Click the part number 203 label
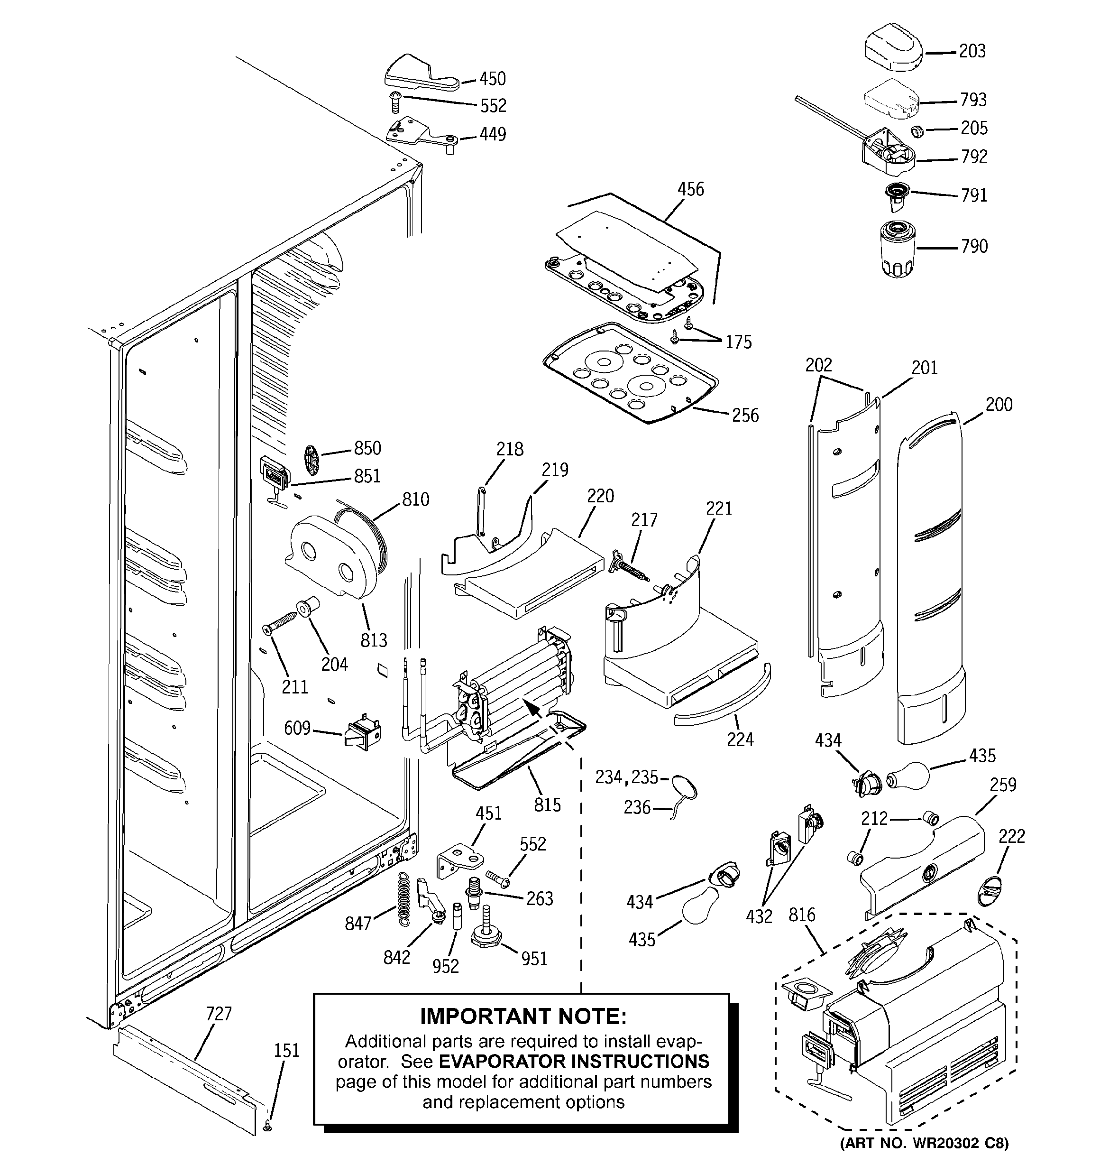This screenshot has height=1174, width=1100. [972, 51]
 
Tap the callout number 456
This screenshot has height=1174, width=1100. [690, 190]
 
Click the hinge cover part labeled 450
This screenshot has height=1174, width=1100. [421, 75]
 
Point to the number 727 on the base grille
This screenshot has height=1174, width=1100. [219, 1014]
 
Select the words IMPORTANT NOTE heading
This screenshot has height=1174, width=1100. [523, 1017]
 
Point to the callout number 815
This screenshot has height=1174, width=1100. [547, 805]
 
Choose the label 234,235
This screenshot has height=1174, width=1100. [626, 777]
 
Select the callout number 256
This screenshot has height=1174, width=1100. [745, 416]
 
